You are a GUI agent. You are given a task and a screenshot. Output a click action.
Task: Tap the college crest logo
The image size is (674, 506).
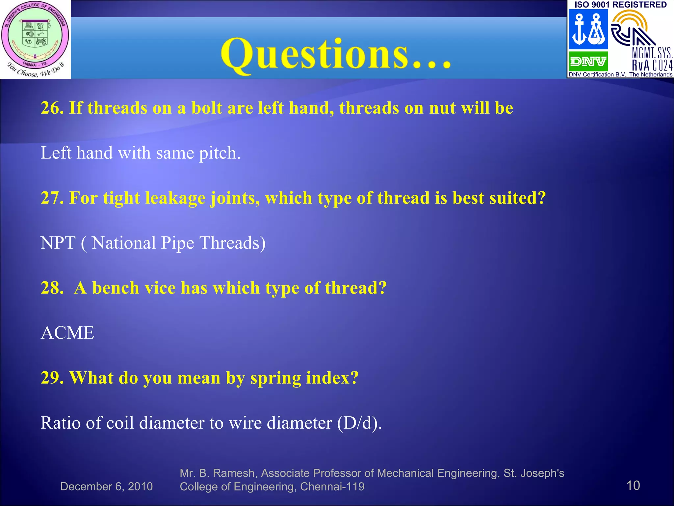coord(35,39)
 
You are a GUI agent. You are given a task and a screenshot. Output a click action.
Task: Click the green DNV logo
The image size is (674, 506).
coord(588,61)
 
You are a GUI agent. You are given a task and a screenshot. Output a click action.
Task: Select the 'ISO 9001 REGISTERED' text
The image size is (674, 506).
coord(620,5)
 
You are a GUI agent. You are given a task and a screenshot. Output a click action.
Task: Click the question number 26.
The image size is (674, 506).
coord(52,108)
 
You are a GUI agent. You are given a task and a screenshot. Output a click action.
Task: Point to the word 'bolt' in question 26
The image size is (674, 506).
coord(206,108)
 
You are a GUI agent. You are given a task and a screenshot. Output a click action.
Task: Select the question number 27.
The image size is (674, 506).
coord(52,198)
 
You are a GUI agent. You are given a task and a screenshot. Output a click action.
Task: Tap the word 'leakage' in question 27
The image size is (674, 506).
coord(175,198)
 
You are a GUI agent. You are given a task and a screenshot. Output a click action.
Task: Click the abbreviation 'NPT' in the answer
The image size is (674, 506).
coord(58,243)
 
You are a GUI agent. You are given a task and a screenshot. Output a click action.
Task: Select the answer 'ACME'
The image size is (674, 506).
coord(67,333)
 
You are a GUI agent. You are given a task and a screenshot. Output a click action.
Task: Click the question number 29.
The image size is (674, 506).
coord(52,378)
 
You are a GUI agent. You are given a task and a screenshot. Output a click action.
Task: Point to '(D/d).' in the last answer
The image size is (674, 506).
coord(359,423)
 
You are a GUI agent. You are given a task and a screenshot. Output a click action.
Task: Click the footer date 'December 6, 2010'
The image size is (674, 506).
coord(107,487)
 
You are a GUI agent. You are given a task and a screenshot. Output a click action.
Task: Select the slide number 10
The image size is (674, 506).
coord(633,486)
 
